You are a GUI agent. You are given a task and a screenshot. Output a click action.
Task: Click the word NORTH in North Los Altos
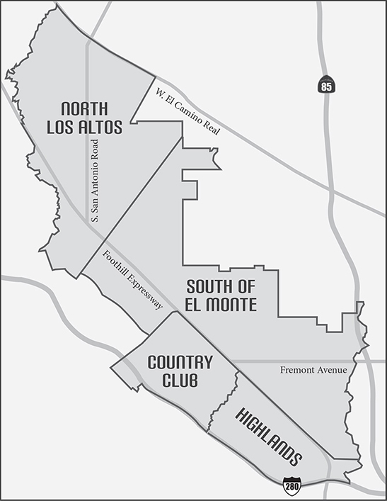84,109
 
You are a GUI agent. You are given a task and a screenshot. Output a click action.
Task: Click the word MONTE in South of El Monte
231,305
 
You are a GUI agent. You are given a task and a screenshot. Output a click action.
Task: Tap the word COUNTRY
180,363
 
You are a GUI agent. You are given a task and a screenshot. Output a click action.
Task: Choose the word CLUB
180,381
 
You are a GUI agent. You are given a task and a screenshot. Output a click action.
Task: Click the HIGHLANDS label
267,434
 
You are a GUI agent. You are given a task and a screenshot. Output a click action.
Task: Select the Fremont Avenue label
313,370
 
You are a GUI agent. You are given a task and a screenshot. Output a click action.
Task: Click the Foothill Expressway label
133,281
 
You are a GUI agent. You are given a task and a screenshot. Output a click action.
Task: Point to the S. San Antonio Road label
95,180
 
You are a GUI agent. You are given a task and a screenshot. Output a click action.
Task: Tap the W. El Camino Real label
188,113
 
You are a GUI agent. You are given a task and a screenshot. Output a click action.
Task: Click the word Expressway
144,291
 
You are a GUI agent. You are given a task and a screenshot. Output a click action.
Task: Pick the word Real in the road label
214,128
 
